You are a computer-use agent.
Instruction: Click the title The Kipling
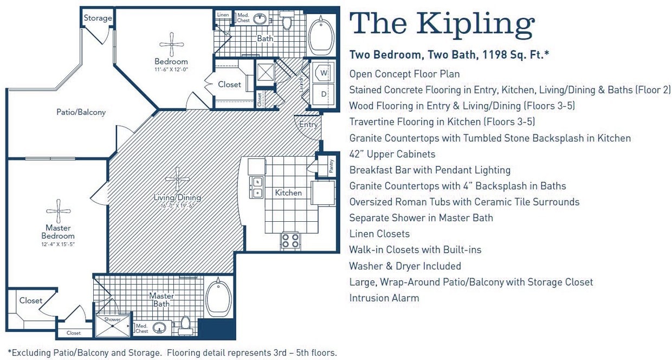(x=442, y=24)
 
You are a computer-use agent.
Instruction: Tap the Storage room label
(x=98, y=18)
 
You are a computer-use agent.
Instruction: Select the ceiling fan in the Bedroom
(x=172, y=44)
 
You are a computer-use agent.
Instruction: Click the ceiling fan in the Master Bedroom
(x=58, y=211)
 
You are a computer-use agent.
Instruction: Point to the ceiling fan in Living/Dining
(x=178, y=179)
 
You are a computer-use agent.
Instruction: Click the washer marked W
(x=324, y=73)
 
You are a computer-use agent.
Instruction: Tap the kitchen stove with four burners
(x=290, y=240)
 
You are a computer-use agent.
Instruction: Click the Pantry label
(x=331, y=166)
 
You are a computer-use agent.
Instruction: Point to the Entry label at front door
(x=308, y=125)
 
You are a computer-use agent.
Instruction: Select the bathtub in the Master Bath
(x=218, y=299)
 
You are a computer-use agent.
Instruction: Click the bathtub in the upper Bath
(x=321, y=35)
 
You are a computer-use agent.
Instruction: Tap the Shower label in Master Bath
(x=113, y=319)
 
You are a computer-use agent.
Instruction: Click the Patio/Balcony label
(x=81, y=112)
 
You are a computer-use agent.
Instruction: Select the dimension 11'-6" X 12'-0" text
(x=171, y=69)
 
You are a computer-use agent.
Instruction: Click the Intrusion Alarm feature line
(x=384, y=298)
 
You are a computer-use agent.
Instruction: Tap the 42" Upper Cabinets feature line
(x=392, y=154)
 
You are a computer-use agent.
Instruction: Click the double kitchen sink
(x=256, y=187)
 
